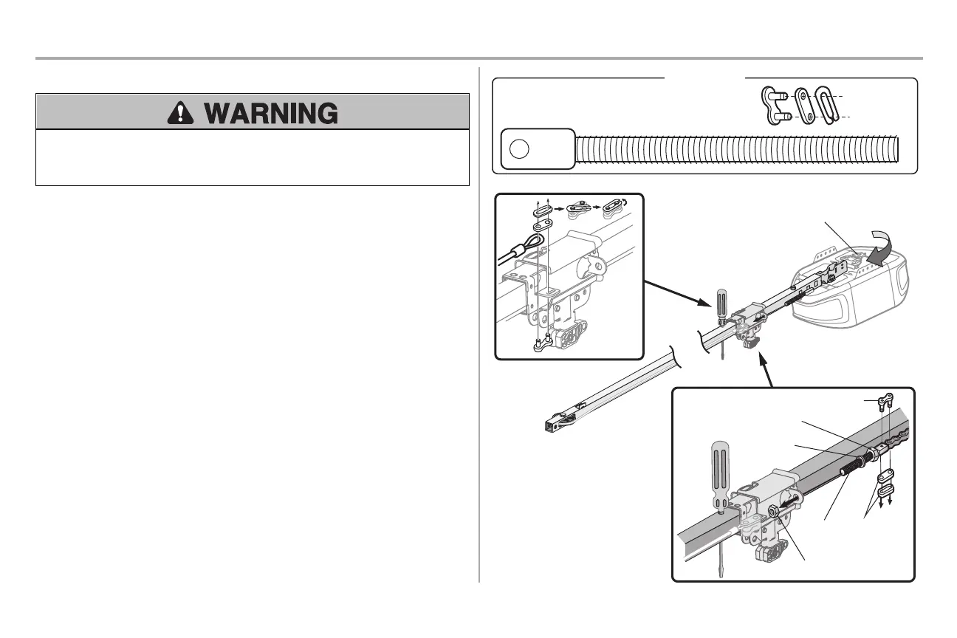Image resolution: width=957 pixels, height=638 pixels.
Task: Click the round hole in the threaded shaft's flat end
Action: (x=519, y=148)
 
